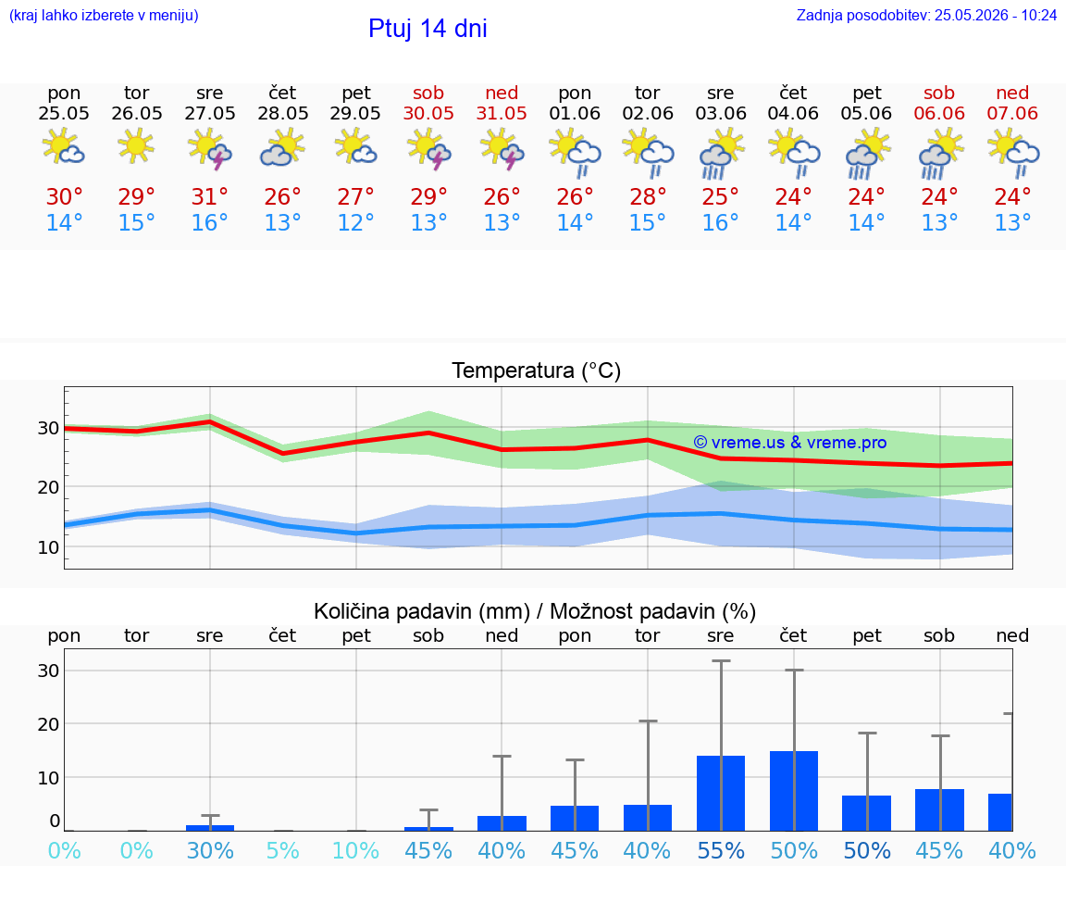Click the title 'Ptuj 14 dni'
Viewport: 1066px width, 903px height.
[428, 29]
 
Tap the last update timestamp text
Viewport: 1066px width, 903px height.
[926, 16]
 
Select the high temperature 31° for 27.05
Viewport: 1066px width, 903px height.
[209, 196]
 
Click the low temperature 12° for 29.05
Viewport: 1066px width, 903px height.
[355, 222]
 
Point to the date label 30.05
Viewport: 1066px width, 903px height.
[428, 113]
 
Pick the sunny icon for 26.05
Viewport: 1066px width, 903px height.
[136, 144]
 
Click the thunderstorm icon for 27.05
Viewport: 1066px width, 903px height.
[209, 148]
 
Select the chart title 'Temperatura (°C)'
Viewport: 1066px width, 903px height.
[537, 370]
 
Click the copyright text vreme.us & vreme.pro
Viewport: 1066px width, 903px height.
[790, 443]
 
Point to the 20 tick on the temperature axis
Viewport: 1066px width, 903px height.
[48, 487]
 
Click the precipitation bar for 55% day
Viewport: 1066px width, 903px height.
[721, 794]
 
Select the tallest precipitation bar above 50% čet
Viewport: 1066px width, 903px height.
[794, 791]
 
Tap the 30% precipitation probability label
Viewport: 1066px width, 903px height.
[210, 850]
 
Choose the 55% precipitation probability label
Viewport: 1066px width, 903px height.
[722, 850]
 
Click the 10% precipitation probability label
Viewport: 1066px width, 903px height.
[355, 850]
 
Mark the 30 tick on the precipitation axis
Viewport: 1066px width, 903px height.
[48, 671]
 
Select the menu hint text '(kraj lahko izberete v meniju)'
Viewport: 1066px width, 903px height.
[104, 16]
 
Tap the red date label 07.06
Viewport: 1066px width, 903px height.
[1012, 113]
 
